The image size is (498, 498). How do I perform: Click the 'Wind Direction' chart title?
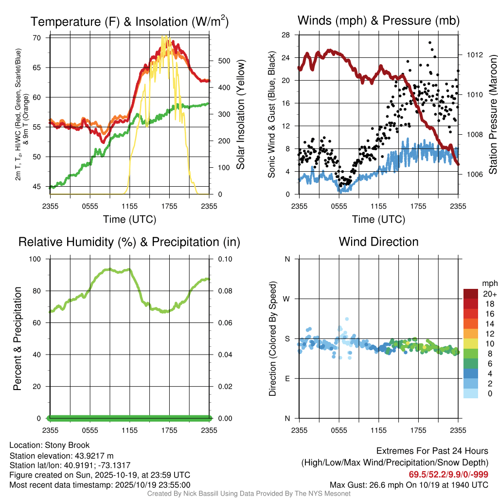378,242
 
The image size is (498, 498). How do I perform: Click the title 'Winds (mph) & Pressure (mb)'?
378,21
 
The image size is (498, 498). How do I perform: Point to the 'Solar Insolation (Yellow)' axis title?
240,115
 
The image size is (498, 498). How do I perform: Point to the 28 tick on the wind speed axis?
286,35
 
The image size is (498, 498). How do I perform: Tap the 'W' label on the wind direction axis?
287,299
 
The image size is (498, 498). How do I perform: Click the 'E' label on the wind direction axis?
287,378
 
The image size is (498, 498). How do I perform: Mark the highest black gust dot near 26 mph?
430,43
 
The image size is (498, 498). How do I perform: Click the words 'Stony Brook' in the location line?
67,445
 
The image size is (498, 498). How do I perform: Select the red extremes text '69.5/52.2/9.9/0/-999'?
448,475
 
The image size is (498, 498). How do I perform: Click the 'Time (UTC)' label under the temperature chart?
129,219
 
